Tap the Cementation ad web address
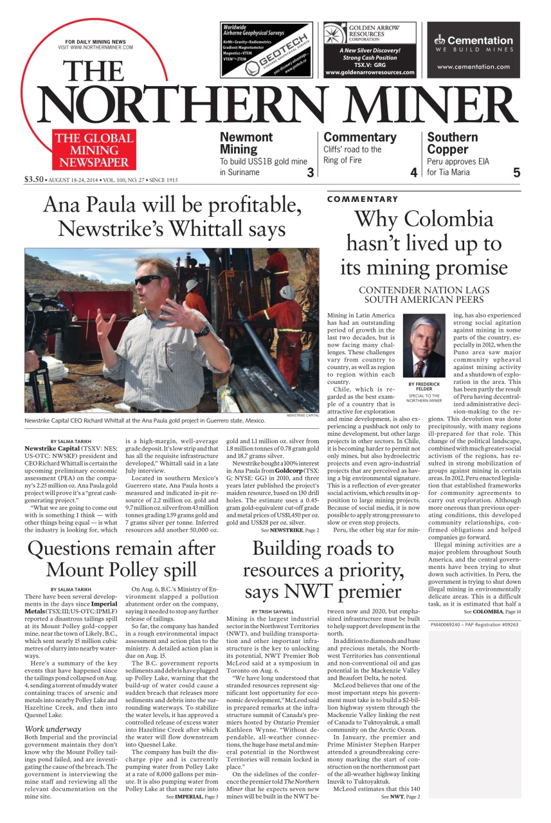coord(473,67)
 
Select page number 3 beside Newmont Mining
coord(310,172)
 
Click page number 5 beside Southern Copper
coord(516,172)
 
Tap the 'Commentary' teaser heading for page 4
coord(360,137)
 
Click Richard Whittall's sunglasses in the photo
coord(150,280)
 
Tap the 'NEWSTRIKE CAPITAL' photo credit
coord(302,416)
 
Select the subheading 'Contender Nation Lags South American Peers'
coord(424,294)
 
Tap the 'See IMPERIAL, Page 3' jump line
coord(191,797)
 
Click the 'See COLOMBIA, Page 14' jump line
coord(492,611)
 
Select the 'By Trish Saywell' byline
coord(272,611)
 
